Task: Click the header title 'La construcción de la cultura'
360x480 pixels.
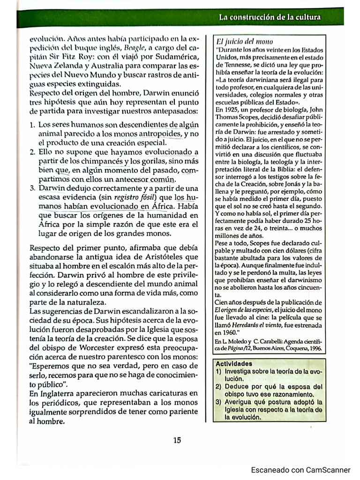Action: [x=270, y=17]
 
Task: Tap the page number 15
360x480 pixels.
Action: [x=177, y=440]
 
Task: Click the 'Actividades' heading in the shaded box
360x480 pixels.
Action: [x=234, y=363]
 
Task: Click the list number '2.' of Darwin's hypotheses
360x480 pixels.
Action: [x=32, y=152]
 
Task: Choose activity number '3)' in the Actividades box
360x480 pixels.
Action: [x=219, y=402]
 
